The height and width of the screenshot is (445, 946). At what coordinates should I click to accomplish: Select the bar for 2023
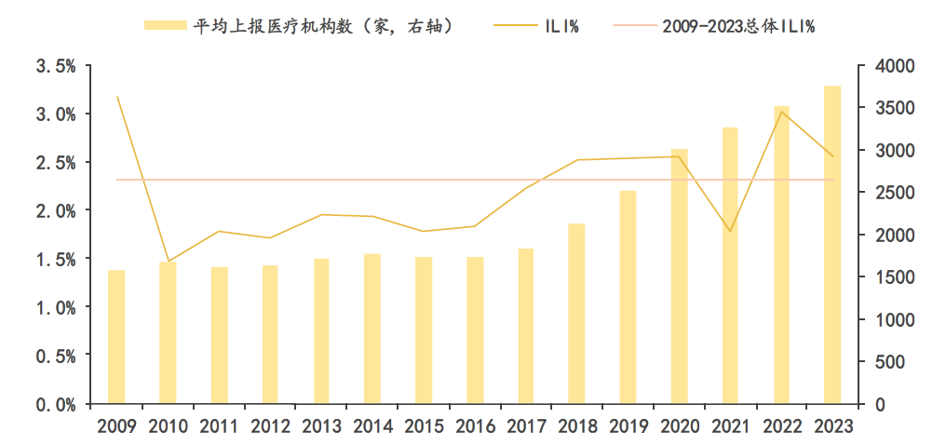(x=832, y=245)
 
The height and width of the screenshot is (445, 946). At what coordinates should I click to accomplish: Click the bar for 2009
(x=116, y=337)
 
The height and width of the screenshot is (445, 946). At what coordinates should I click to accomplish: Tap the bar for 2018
(x=576, y=314)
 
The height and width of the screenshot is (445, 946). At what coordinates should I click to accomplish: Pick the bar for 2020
(x=680, y=276)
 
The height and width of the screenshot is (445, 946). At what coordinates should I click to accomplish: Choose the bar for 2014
(x=372, y=329)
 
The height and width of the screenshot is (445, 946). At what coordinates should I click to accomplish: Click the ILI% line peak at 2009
(x=116, y=97)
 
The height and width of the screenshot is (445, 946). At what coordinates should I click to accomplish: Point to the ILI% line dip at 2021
(x=730, y=231)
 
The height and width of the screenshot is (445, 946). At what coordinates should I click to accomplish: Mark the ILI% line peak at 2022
(x=781, y=113)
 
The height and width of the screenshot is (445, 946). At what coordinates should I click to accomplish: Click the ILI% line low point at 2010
(x=168, y=262)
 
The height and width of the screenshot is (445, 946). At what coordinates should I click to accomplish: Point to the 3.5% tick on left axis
(x=55, y=66)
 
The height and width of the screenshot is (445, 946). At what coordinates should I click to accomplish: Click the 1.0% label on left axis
(x=55, y=307)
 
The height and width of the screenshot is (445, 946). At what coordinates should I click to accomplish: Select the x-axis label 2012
(x=270, y=426)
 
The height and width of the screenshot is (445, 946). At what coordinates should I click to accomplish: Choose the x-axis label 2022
(x=781, y=426)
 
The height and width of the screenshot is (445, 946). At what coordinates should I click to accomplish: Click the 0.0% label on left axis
(x=55, y=404)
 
